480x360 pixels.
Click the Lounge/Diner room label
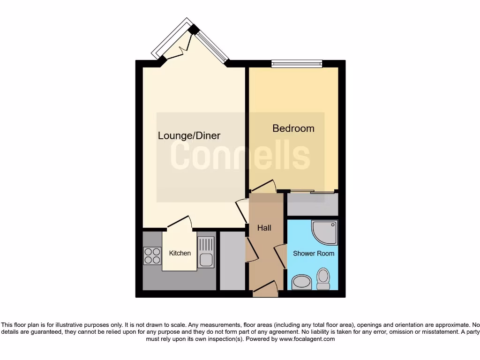coord(189,136)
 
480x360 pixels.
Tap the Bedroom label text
coord(293,128)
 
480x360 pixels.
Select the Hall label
coord(264,228)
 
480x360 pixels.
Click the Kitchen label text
coord(180,253)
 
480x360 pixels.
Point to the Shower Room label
coord(314,254)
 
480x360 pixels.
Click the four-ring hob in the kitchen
coord(152,255)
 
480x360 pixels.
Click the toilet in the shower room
coord(323,279)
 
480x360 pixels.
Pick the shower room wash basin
coord(301,282)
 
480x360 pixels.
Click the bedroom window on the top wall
coord(297,64)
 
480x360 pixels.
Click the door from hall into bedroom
coord(263,187)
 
